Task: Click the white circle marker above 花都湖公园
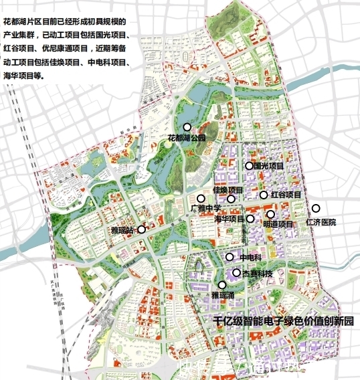[187, 126]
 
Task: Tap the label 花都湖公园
[187, 138]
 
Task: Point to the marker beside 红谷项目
[264, 195]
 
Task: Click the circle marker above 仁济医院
[317, 208]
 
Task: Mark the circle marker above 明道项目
[270, 215]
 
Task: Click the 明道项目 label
[278, 224]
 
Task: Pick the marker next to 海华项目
[251, 219]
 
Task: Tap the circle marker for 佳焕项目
[231, 199]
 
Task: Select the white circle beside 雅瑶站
[141, 229]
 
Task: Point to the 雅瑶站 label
[123, 230]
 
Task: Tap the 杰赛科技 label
[257, 274]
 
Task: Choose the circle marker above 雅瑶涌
[222, 285]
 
